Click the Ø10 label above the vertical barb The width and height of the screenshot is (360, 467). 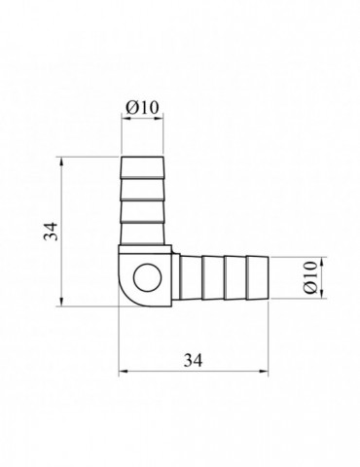click(x=142, y=107)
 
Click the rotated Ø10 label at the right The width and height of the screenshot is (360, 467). click(x=310, y=277)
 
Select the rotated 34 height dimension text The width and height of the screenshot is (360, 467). click(x=52, y=232)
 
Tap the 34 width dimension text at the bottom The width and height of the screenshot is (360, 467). click(x=193, y=360)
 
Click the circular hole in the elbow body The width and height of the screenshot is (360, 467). click(x=148, y=277)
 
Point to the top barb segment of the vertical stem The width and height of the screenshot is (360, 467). click(x=142, y=167)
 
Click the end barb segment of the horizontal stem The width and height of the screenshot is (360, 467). click(x=258, y=277)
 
